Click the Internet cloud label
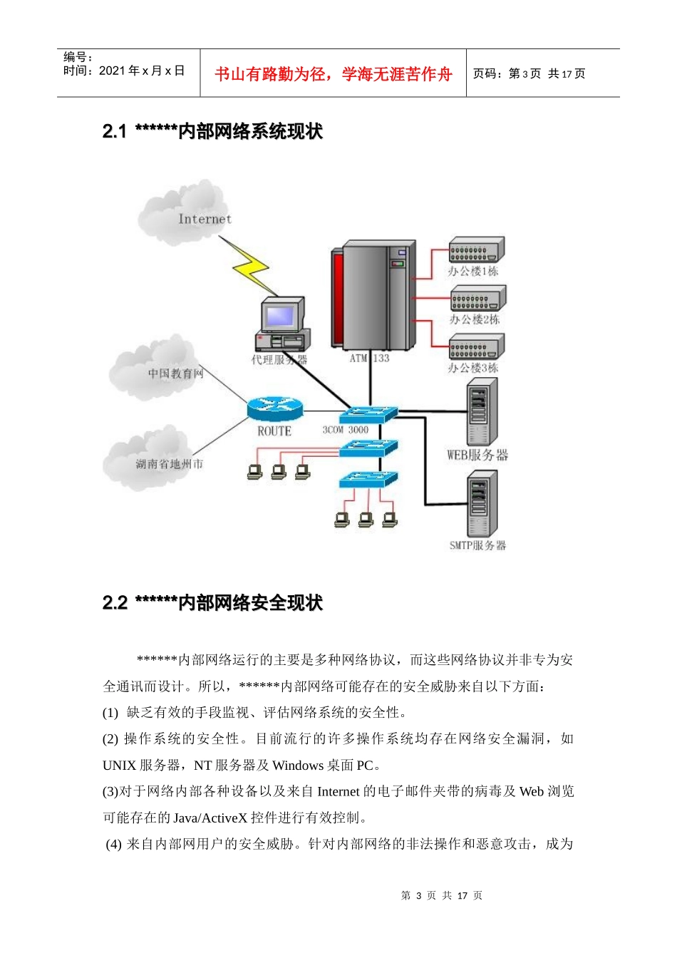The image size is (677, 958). tap(205, 219)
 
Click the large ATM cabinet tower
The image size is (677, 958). tap(373, 294)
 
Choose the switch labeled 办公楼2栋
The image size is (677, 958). tap(477, 299)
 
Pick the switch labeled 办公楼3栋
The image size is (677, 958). tap(476, 347)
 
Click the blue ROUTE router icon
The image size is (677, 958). tap(275, 408)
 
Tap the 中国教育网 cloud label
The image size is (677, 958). tap(175, 374)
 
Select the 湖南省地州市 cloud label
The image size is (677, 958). tap(169, 464)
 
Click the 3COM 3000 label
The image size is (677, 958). tap(346, 430)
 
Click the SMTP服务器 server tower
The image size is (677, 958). tap(482, 505)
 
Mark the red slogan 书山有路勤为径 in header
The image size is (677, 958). tap(334, 74)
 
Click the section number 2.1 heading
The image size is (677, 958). tap(114, 131)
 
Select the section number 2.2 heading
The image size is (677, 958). tap(114, 603)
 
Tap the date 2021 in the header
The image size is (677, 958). tap(112, 71)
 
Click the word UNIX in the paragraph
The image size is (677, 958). tap(119, 766)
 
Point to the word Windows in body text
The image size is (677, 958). tap(298, 766)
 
